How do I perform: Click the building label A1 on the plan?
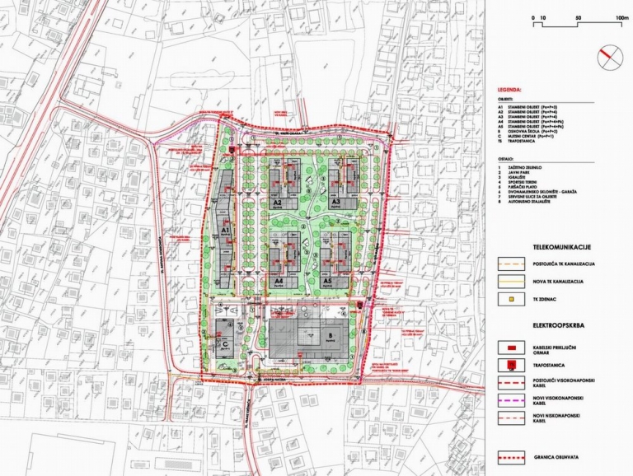pos(224,232)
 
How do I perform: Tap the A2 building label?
pos(278,202)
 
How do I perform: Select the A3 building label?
pos(335,202)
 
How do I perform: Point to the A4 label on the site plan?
pos(279,281)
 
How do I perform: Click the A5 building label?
pos(327,281)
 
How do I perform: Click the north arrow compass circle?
pos(611,55)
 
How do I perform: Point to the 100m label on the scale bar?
pos(621,17)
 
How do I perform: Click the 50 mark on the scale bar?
pos(579,17)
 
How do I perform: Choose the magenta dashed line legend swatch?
pos(513,401)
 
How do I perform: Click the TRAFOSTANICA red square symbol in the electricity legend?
pos(513,365)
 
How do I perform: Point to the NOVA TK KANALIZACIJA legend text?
pos(561,282)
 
